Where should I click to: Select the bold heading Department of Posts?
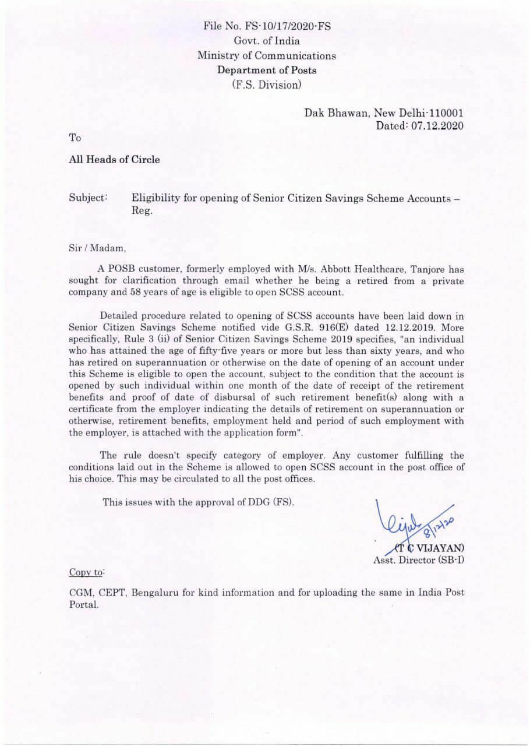tap(267, 71)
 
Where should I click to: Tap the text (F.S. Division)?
tap(267, 85)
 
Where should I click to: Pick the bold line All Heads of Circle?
tap(114, 160)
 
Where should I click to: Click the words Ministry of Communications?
tap(267, 56)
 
